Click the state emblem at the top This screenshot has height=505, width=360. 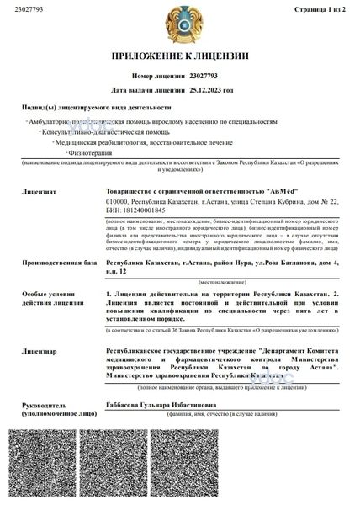[181, 23]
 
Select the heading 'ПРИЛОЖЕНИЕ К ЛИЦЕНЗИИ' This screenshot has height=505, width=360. [181, 56]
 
